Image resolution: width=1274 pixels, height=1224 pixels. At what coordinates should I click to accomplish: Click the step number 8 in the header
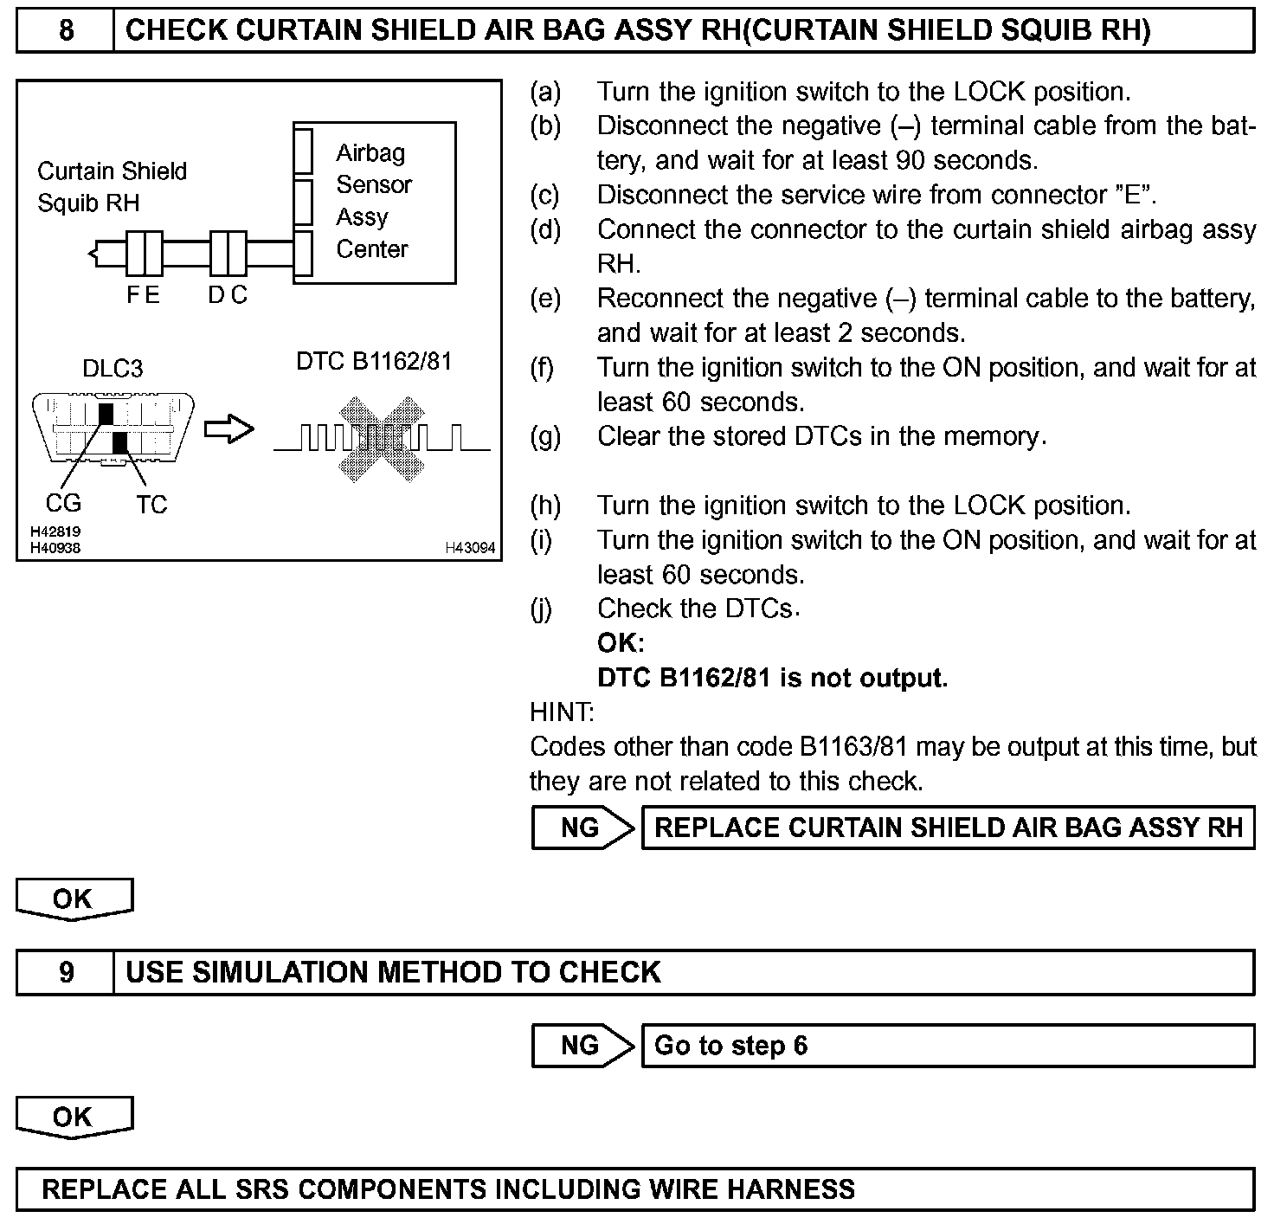(x=66, y=31)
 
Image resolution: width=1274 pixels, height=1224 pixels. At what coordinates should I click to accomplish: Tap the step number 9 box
(x=66, y=972)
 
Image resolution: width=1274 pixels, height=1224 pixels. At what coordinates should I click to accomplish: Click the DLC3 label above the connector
(x=113, y=369)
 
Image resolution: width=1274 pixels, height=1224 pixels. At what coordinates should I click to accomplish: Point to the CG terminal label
(x=63, y=503)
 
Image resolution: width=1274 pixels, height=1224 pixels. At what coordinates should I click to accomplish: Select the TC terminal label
(x=151, y=504)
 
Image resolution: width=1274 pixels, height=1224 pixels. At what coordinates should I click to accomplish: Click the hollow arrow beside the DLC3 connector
(x=229, y=429)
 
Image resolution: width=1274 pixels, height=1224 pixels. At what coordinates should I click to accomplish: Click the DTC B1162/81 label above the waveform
(x=374, y=361)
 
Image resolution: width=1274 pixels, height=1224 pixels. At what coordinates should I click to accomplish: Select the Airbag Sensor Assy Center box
(x=374, y=202)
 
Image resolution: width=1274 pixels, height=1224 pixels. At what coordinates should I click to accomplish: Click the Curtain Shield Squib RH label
(x=112, y=187)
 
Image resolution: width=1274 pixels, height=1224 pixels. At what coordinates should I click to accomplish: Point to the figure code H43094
(x=470, y=548)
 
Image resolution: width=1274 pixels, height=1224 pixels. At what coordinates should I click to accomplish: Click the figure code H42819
(x=55, y=532)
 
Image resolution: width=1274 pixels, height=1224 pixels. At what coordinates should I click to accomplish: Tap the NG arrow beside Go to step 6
(x=582, y=1046)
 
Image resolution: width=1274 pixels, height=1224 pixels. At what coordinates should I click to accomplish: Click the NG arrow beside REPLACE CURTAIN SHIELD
(x=582, y=828)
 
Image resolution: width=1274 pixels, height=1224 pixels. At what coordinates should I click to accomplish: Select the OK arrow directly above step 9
(x=74, y=899)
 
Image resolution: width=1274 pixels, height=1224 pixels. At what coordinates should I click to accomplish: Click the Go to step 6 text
(x=730, y=1046)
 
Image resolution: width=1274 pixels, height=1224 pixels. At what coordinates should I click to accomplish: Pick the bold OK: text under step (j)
(x=621, y=643)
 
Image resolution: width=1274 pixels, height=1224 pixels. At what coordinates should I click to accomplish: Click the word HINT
(x=562, y=712)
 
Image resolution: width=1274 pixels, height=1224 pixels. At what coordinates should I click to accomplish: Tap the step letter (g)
(x=545, y=436)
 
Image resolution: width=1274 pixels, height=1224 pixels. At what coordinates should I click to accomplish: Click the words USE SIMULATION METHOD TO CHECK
(x=393, y=972)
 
